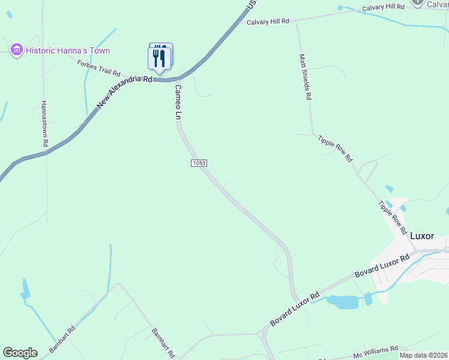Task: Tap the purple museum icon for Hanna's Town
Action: pyautogui.click(x=16, y=50)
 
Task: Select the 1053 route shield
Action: pyautogui.click(x=199, y=163)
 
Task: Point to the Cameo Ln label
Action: pyautogui.click(x=178, y=103)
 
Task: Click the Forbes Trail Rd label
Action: pyautogui.click(x=99, y=68)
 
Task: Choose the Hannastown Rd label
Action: pyautogui.click(x=44, y=123)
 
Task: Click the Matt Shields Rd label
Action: pyautogui.click(x=305, y=76)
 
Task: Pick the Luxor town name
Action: pyautogui.click(x=421, y=236)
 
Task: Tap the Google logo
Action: pyautogui.click(x=20, y=353)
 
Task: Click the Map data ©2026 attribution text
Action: pyautogui.click(x=423, y=355)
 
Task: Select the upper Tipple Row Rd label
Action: pyautogui.click(x=335, y=148)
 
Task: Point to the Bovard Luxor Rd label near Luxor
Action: pyautogui.click(x=381, y=266)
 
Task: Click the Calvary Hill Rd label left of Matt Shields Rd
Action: pyautogui.click(x=268, y=22)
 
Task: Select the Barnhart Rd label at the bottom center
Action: pyautogui.click(x=163, y=343)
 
